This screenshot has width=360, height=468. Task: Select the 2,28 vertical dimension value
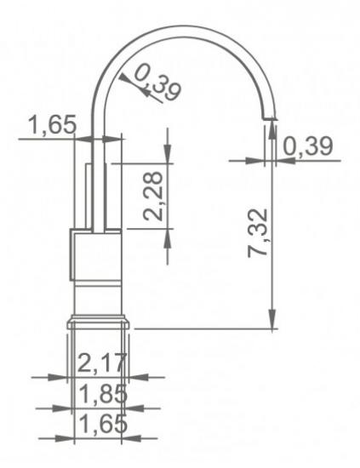[155, 196]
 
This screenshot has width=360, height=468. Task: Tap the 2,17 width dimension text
[100, 364]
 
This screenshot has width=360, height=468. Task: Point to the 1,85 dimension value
[100, 395]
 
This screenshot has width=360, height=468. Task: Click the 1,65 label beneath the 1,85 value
[100, 424]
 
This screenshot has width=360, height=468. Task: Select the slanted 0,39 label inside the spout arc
[158, 86]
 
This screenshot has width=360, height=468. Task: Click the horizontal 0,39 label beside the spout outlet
[308, 146]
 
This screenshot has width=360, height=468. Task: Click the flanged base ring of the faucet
[97, 322]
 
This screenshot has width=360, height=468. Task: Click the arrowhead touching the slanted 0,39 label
[128, 78]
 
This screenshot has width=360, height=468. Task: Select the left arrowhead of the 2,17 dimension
[62, 376]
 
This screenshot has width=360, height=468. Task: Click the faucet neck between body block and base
[97, 298]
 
